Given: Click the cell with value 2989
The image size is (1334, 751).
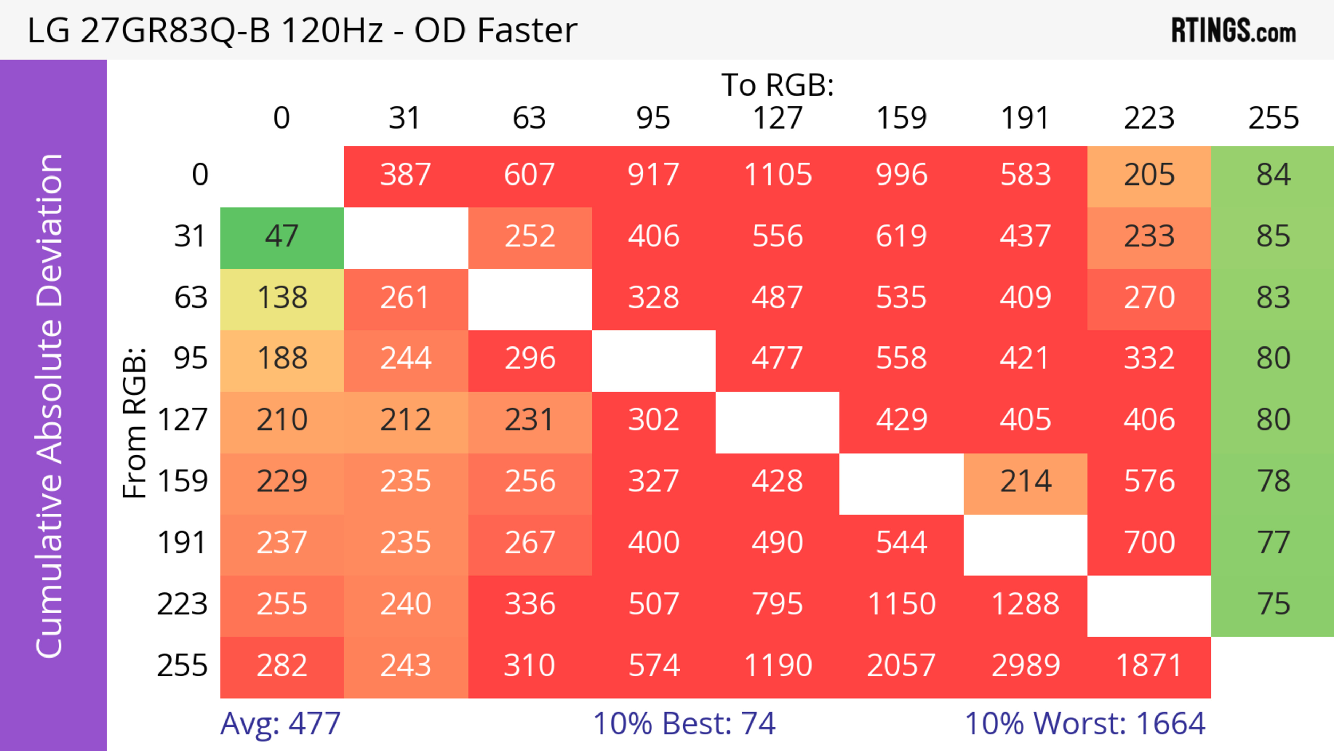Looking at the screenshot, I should coord(1026,666).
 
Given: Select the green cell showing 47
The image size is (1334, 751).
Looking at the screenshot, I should coord(282,237).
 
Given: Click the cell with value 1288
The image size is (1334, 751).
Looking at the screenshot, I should coord(1026,604).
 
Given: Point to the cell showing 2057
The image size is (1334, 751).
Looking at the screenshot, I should coord(901,666).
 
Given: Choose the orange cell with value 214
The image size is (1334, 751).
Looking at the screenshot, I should coord(1026,482).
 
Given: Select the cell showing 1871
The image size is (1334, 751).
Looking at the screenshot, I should coord(1149,666).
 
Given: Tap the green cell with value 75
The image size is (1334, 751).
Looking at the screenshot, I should coord(1273,604).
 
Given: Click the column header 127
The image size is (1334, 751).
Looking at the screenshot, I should coord(777,118).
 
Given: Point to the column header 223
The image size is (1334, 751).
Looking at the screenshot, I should coord(1149,118).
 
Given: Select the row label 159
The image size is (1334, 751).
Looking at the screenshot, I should coord(183,482).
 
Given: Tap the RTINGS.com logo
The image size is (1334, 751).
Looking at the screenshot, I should coord(1234,31).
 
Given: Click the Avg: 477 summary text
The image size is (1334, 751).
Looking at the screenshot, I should coord(280,724).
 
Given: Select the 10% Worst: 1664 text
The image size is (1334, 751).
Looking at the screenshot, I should coord(1085,724).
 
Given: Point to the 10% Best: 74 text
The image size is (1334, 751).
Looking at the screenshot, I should coord(684,724).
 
